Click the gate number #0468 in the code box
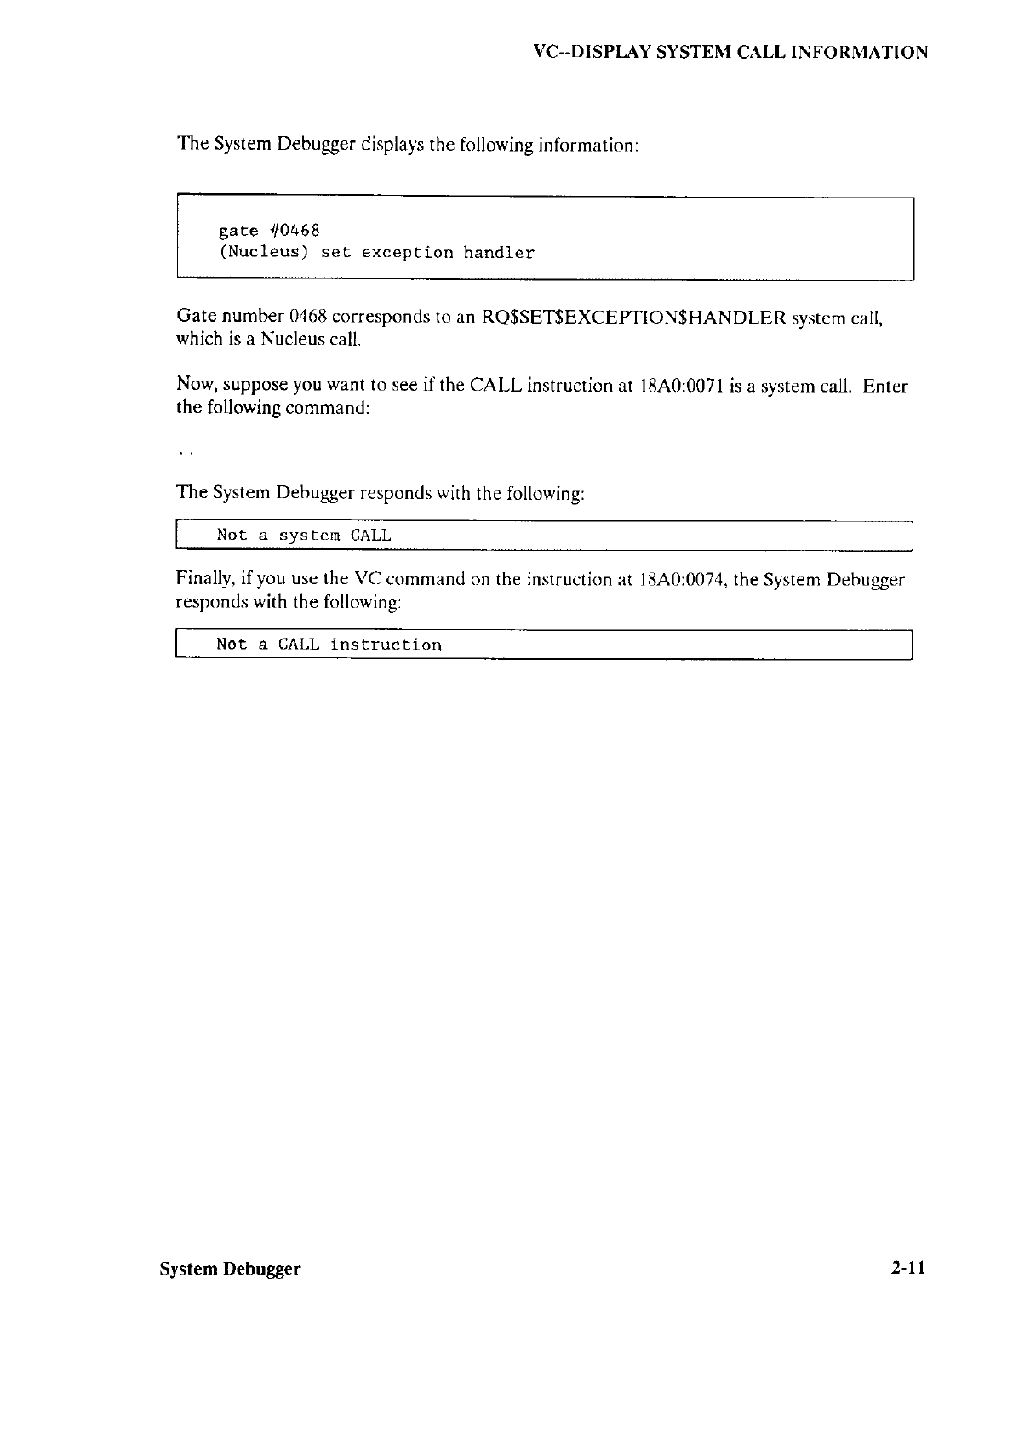point(294,231)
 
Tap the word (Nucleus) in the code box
point(263,253)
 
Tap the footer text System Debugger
point(230,1269)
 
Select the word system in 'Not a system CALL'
point(310,536)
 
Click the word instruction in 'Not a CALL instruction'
point(386,645)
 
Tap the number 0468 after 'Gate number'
point(308,318)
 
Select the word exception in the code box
point(407,253)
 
